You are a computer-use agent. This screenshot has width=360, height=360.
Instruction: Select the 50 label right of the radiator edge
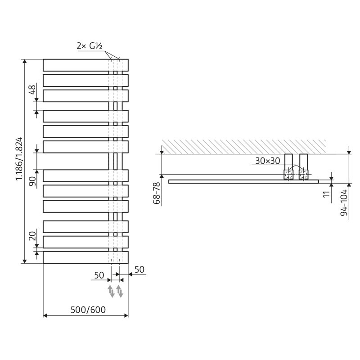(139, 270)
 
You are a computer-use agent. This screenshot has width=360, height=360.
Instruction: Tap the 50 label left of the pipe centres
(99, 275)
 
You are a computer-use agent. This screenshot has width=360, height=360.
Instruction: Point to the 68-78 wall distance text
(156, 193)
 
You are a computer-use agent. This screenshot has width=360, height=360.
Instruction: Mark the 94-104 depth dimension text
(344, 202)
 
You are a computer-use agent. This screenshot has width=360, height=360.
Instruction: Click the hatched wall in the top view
(243, 146)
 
